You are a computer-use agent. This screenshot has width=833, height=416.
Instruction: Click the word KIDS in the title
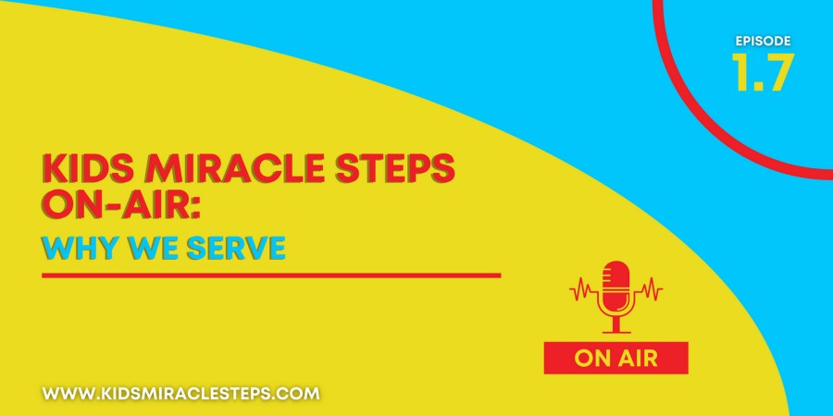[x=78, y=169]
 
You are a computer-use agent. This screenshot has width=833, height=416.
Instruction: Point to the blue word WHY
[x=78, y=249]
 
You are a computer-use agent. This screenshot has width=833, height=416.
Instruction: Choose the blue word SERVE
[x=236, y=249]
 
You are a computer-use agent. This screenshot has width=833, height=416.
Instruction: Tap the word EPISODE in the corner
[x=763, y=41]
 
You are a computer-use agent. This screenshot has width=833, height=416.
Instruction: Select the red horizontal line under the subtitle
[x=271, y=275]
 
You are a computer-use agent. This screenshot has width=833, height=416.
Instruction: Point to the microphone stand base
[x=616, y=332]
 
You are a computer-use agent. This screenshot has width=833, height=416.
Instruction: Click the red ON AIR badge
[x=615, y=358]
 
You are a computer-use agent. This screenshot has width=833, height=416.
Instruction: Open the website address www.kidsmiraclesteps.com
[x=181, y=394]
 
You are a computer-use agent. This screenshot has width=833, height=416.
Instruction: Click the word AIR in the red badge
[x=638, y=359]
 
